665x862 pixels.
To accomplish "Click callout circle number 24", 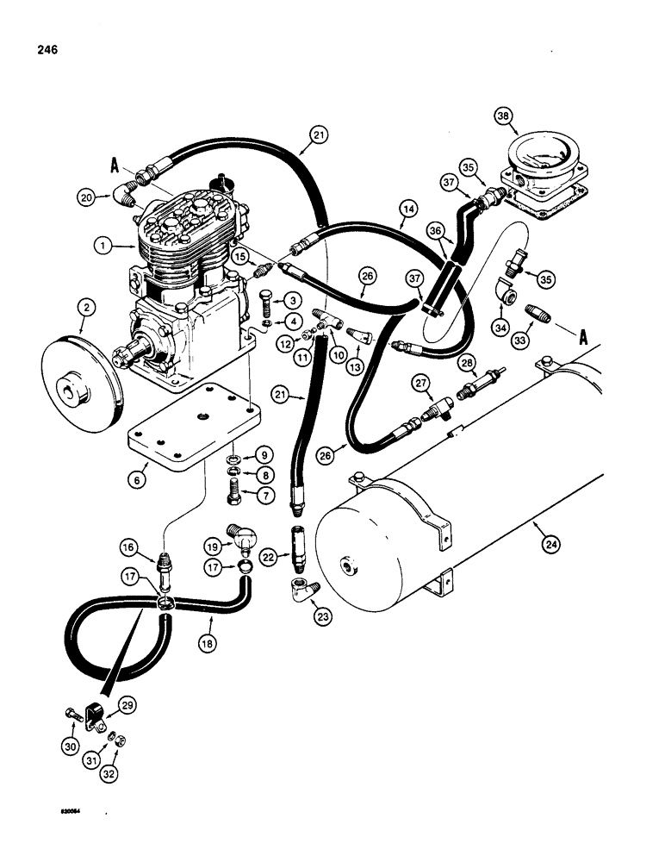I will tap(545, 542).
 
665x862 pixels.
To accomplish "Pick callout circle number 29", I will tap(127, 705).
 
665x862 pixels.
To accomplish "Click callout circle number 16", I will tap(127, 547).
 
